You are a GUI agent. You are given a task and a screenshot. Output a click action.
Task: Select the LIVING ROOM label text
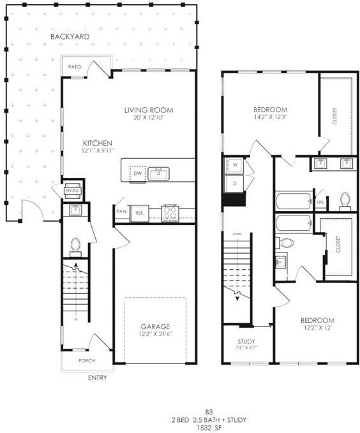coord(148,110)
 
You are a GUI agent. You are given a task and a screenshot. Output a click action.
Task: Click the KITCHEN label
coord(98,143)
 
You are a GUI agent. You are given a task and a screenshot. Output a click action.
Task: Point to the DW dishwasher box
coord(137,173)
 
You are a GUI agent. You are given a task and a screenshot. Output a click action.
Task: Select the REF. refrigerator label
coord(139,213)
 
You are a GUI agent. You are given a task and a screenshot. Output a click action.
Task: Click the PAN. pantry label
coord(121,212)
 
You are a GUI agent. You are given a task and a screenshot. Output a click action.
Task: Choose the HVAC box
coord(72,191)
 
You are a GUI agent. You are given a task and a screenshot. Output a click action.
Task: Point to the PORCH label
coord(87,361)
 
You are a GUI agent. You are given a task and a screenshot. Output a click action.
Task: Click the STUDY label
coord(246,342)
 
